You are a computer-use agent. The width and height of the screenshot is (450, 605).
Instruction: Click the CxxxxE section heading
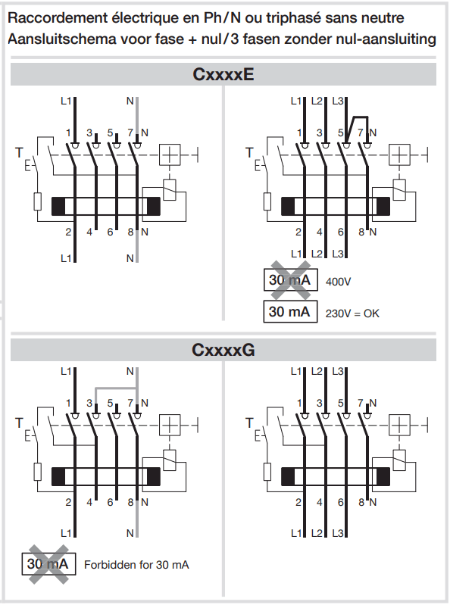[223, 74]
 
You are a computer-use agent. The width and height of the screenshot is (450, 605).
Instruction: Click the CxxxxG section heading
[223, 350]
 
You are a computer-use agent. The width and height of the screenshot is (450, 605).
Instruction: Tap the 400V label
[338, 282]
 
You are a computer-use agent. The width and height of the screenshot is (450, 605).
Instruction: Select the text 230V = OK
[352, 313]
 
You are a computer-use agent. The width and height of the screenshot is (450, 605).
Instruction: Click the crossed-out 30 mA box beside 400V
[291, 279]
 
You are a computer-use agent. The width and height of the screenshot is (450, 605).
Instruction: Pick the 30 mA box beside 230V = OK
[291, 311]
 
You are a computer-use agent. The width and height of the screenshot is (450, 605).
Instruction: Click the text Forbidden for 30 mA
[136, 565]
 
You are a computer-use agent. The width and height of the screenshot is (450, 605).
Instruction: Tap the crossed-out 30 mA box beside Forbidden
[48, 563]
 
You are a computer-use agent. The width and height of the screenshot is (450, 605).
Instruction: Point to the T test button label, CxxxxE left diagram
[19, 153]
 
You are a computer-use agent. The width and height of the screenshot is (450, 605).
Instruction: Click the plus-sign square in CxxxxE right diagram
[399, 155]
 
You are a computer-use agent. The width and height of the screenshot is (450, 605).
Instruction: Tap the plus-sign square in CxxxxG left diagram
[170, 426]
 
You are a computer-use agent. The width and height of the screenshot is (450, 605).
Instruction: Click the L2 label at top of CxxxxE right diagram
[317, 101]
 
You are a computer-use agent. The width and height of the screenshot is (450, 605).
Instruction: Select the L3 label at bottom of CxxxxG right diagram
[338, 533]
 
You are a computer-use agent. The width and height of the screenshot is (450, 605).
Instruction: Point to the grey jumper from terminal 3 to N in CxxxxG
[116, 388]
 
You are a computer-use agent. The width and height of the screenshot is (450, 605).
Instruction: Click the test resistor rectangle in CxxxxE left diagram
[37, 201]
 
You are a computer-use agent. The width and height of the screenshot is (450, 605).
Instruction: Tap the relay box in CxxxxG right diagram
[399, 460]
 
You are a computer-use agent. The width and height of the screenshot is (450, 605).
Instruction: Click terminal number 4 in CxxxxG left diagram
[89, 502]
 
